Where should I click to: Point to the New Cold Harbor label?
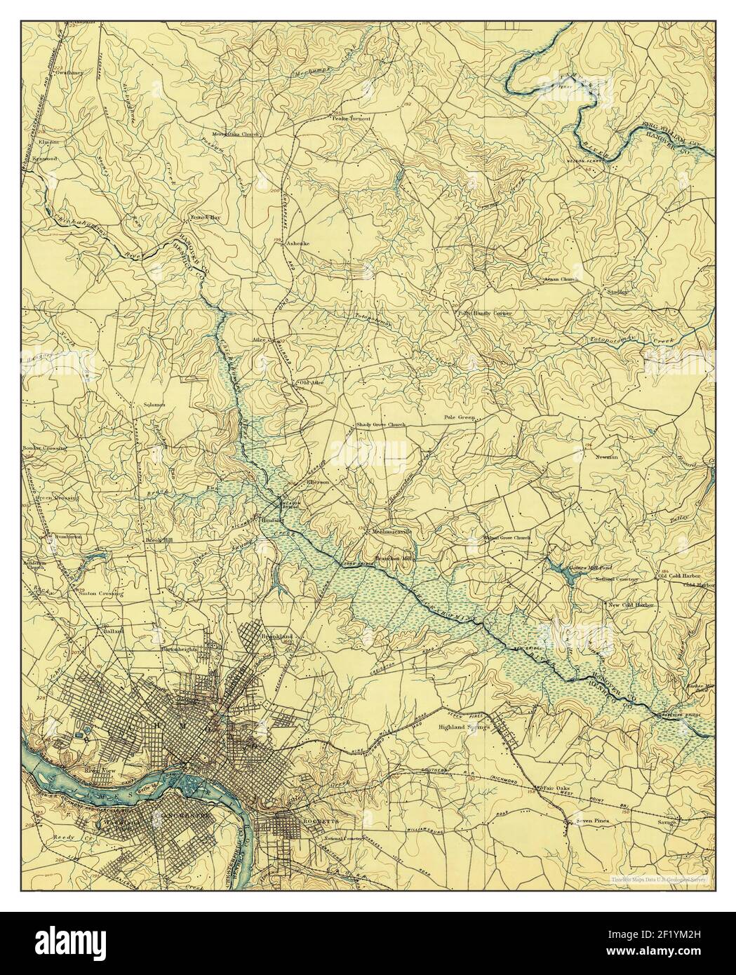pos(630,604)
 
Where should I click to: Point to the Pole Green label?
pos(460,417)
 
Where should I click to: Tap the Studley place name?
pos(609,290)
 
